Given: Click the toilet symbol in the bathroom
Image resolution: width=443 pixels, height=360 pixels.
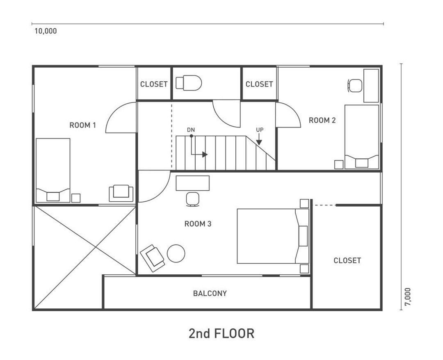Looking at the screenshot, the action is pos(189,83).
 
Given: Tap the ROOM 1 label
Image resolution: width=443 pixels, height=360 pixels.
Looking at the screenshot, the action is pos(83,125).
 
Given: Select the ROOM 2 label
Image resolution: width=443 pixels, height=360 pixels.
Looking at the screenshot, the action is pos(322,120).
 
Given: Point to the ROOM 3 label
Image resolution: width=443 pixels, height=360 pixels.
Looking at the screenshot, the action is pos(198,224).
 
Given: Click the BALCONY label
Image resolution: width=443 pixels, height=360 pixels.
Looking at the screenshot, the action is pos(210,293).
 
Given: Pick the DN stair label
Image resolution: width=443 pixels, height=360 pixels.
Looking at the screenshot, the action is pos(191,130).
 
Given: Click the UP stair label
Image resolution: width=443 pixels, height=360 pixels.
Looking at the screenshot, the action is pos(260,130).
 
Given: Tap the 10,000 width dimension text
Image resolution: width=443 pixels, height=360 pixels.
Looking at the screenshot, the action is pos(46,31).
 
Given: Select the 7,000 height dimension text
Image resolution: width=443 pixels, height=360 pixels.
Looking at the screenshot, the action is pos(408,297).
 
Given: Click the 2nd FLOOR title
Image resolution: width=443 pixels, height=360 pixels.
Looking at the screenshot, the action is pos(221,333).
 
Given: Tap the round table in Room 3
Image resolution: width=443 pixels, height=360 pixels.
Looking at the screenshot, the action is pos(176,253).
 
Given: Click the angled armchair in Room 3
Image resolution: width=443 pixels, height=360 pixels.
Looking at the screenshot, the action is pos(153,258).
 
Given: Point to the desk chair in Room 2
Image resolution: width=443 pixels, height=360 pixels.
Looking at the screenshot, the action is pos(355,85).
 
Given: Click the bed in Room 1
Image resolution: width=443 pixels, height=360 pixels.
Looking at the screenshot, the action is pos(53,170).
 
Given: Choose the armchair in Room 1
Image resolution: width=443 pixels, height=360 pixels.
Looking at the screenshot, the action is pos(121,193).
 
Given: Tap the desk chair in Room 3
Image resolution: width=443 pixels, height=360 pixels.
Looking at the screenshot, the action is pos(193,199).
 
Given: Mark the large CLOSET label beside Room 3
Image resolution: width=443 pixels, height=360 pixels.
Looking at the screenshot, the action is pos(347,260).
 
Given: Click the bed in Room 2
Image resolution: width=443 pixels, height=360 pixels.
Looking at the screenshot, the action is pos(362,137).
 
